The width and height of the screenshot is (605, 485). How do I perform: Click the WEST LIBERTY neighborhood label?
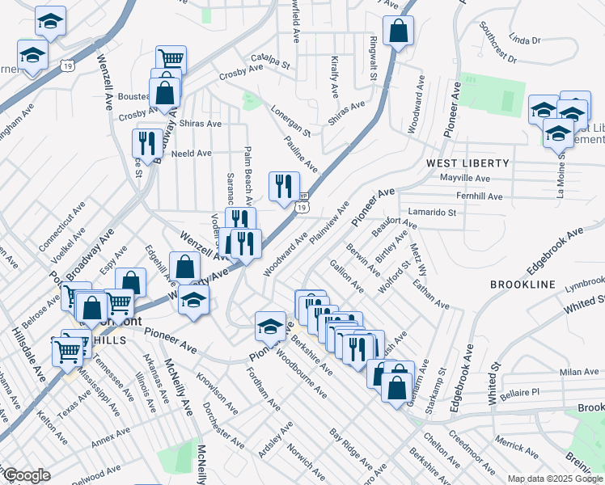pyautogui.click(x=467, y=163)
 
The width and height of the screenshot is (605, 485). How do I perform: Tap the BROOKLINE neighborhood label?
pyautogui.click(x=522, y=285)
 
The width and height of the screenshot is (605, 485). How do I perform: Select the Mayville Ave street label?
pyautogui.click(x=465, y=178)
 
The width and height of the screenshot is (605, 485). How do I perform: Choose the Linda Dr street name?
pyautogui.click(x=525, y=39)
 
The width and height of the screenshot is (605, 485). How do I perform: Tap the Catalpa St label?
pyautogui.click(x=270, y=59)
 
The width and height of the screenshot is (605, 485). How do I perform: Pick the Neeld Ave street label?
pyautogui.click(x=191, y=153)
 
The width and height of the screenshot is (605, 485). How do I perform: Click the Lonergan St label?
pyautogui.click(x=291, y=120)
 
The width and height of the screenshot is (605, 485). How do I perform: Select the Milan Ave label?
pyautogui.click(x=577, y=372)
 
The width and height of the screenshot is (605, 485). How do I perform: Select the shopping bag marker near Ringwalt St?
pyautogui.click(x=399, y=32)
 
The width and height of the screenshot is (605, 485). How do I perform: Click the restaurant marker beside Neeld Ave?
pyautogui.click(x=146, y=143)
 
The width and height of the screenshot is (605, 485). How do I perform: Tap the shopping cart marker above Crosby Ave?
pyautogui.click(x=171, y=58)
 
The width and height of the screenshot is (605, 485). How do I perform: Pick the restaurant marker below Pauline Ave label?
pyautogui.click(x=284, y=186)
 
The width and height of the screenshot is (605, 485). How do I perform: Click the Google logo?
pyautogui.click(x=26, y=475)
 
